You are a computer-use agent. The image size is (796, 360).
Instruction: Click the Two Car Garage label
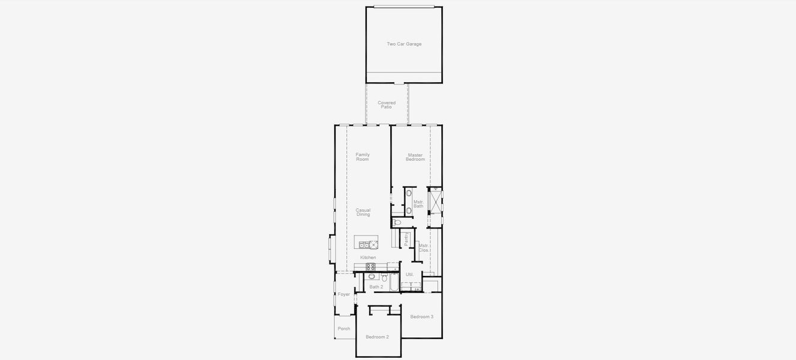(404, 44)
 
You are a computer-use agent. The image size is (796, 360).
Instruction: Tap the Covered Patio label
(387, 104)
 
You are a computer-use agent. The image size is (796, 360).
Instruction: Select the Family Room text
(363, 157)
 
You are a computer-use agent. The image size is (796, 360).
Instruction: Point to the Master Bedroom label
(415, 157)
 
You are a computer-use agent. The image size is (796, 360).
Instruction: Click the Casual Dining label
(363, 212)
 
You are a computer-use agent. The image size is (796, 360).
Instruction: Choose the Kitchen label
(368, 257)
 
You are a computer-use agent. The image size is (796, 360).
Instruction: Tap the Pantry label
(406, 239)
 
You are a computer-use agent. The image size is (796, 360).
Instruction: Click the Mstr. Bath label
(418, 204)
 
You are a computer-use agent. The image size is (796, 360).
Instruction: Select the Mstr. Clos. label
(423, 247)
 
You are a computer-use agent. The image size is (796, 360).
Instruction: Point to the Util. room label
(410, 274)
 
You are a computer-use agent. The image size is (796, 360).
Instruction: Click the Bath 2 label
(376, 287)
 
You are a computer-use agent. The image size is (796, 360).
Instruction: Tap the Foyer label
(343, 294)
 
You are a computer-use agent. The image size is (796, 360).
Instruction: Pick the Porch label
(343, 328)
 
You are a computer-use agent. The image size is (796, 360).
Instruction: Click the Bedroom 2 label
(378, 337)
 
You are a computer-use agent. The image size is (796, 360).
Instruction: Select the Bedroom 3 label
(421, 316)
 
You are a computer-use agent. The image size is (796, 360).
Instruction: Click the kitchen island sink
(364, 245)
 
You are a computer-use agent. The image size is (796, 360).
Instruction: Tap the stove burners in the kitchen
(370, 266)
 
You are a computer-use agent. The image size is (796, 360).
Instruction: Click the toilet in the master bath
(397, 223)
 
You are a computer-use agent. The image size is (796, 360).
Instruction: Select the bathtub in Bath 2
(394, 281)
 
